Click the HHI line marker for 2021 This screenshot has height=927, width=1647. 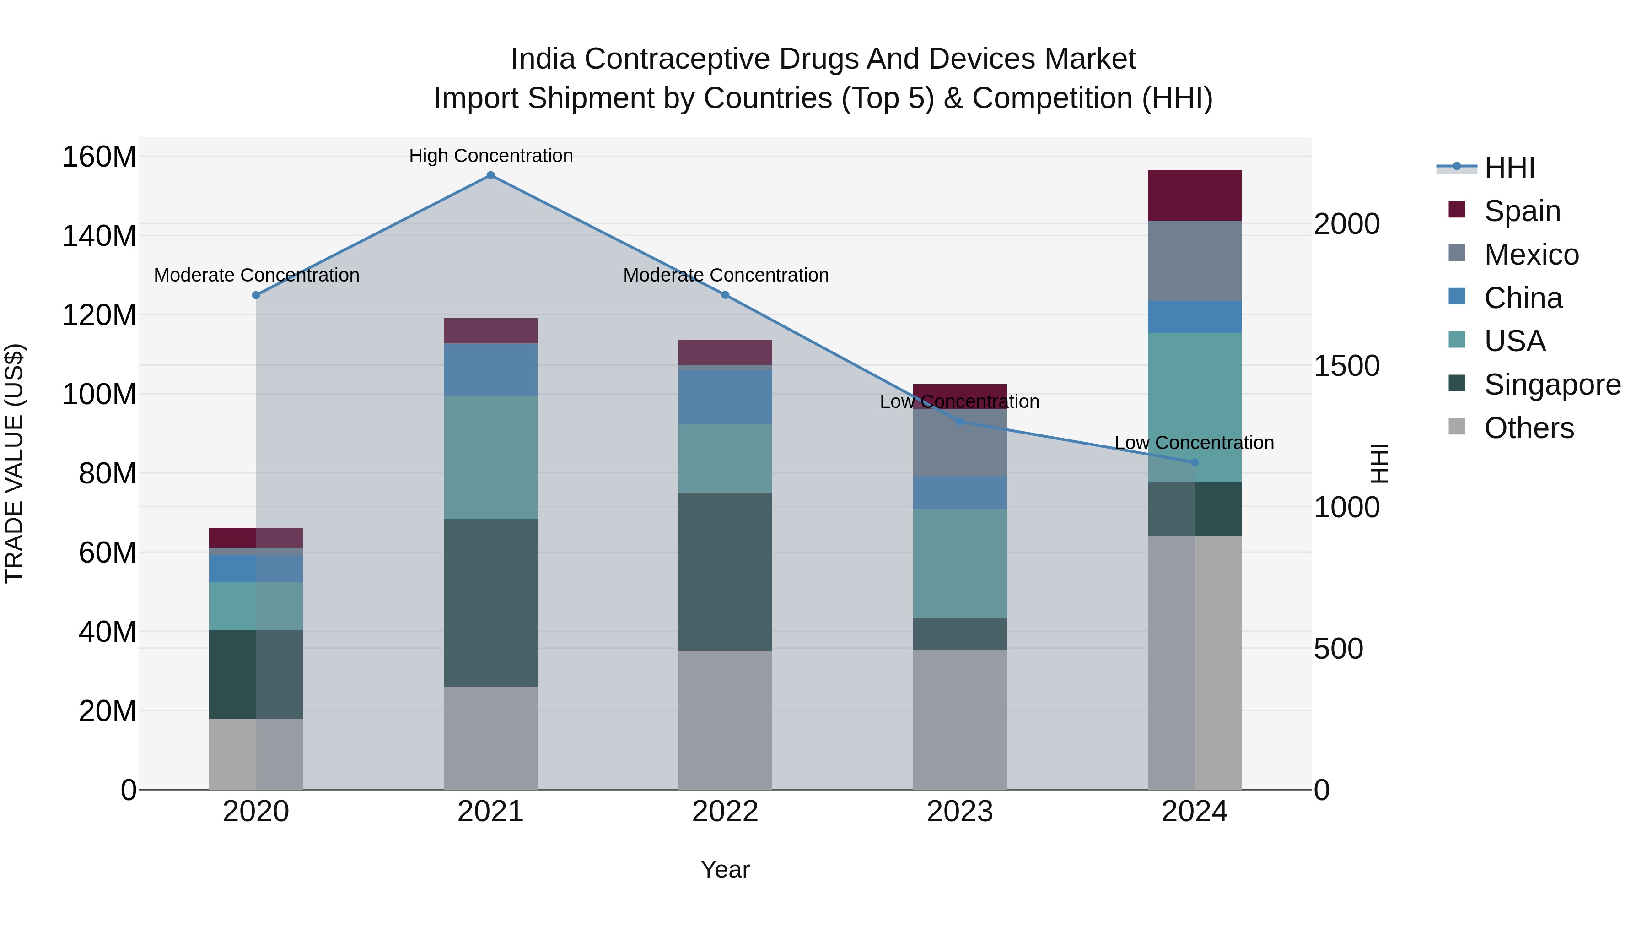tap(490, 175)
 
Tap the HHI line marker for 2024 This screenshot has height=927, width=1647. tap(1195, 462)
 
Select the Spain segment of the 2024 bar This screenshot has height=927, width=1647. tap(1195, 195)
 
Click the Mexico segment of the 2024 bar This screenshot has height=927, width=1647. tap(1195, 260)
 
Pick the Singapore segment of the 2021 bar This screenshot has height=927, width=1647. tap(490, 602)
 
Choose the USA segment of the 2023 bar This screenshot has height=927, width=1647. tap(960, 563)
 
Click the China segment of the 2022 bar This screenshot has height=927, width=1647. tap(725, 396)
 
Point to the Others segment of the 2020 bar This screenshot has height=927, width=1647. tap(256, 754)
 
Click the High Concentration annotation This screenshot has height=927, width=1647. tap(490, 156)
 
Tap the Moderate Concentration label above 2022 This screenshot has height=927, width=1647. tap(726, 275)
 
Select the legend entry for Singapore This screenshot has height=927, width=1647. tap(1552, 385)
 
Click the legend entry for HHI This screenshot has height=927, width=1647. tap(1509, 168)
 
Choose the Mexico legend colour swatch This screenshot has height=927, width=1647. tap(1457, 253)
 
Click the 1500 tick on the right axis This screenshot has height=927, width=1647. tap(1346, 366)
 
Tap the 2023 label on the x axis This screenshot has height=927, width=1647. tap(960, 812)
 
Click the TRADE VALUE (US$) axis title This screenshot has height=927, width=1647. tap(14, 463)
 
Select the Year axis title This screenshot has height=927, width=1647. tap(725, 869)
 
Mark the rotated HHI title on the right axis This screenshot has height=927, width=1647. tap(1379, 463)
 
